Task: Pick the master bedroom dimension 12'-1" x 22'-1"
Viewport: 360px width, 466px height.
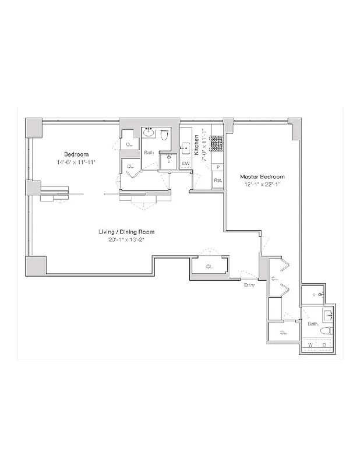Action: tap(263, 185)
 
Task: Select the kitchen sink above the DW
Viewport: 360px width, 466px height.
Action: tap(186, 147)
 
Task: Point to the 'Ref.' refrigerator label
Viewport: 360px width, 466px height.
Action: tap(217, 180)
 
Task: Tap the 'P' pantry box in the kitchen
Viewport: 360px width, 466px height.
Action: tap(217, 168)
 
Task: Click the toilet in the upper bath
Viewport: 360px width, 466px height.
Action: tap(164, 136)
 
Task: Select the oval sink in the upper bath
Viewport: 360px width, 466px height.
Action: tap(149, 133)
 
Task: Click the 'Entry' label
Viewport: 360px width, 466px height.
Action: tap(249, 284)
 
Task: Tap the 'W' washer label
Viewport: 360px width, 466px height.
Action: tap(311, 345)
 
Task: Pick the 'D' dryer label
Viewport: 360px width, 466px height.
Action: tap(324, 345)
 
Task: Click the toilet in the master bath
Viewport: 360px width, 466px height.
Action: tap(325, 330)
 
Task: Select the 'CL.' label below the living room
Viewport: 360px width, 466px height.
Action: tap(209, 267)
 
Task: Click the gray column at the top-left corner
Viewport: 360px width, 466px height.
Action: tap(33, 126)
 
